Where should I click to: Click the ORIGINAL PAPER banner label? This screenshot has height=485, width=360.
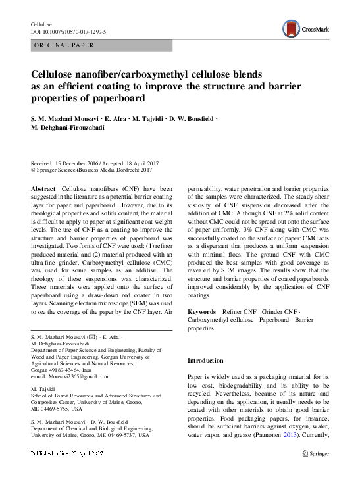[64, 45]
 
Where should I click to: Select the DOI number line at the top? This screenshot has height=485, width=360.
[68, 31]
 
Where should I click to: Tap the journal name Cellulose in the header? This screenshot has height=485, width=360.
[43, 23]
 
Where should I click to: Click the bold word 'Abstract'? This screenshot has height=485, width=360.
[43, 189]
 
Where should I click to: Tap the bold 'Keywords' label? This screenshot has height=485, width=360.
[202, 309]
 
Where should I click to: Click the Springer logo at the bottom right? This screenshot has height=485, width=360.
[316, 472]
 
